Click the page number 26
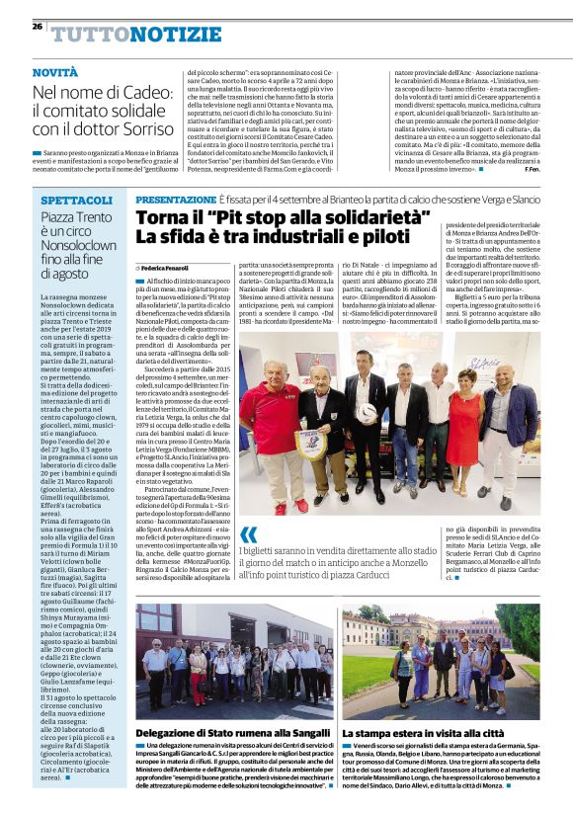(x=38, y=28)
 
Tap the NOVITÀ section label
(x=55, y=73)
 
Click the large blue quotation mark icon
(x=247, y=534)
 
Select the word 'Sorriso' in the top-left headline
(x=134, y=128)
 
